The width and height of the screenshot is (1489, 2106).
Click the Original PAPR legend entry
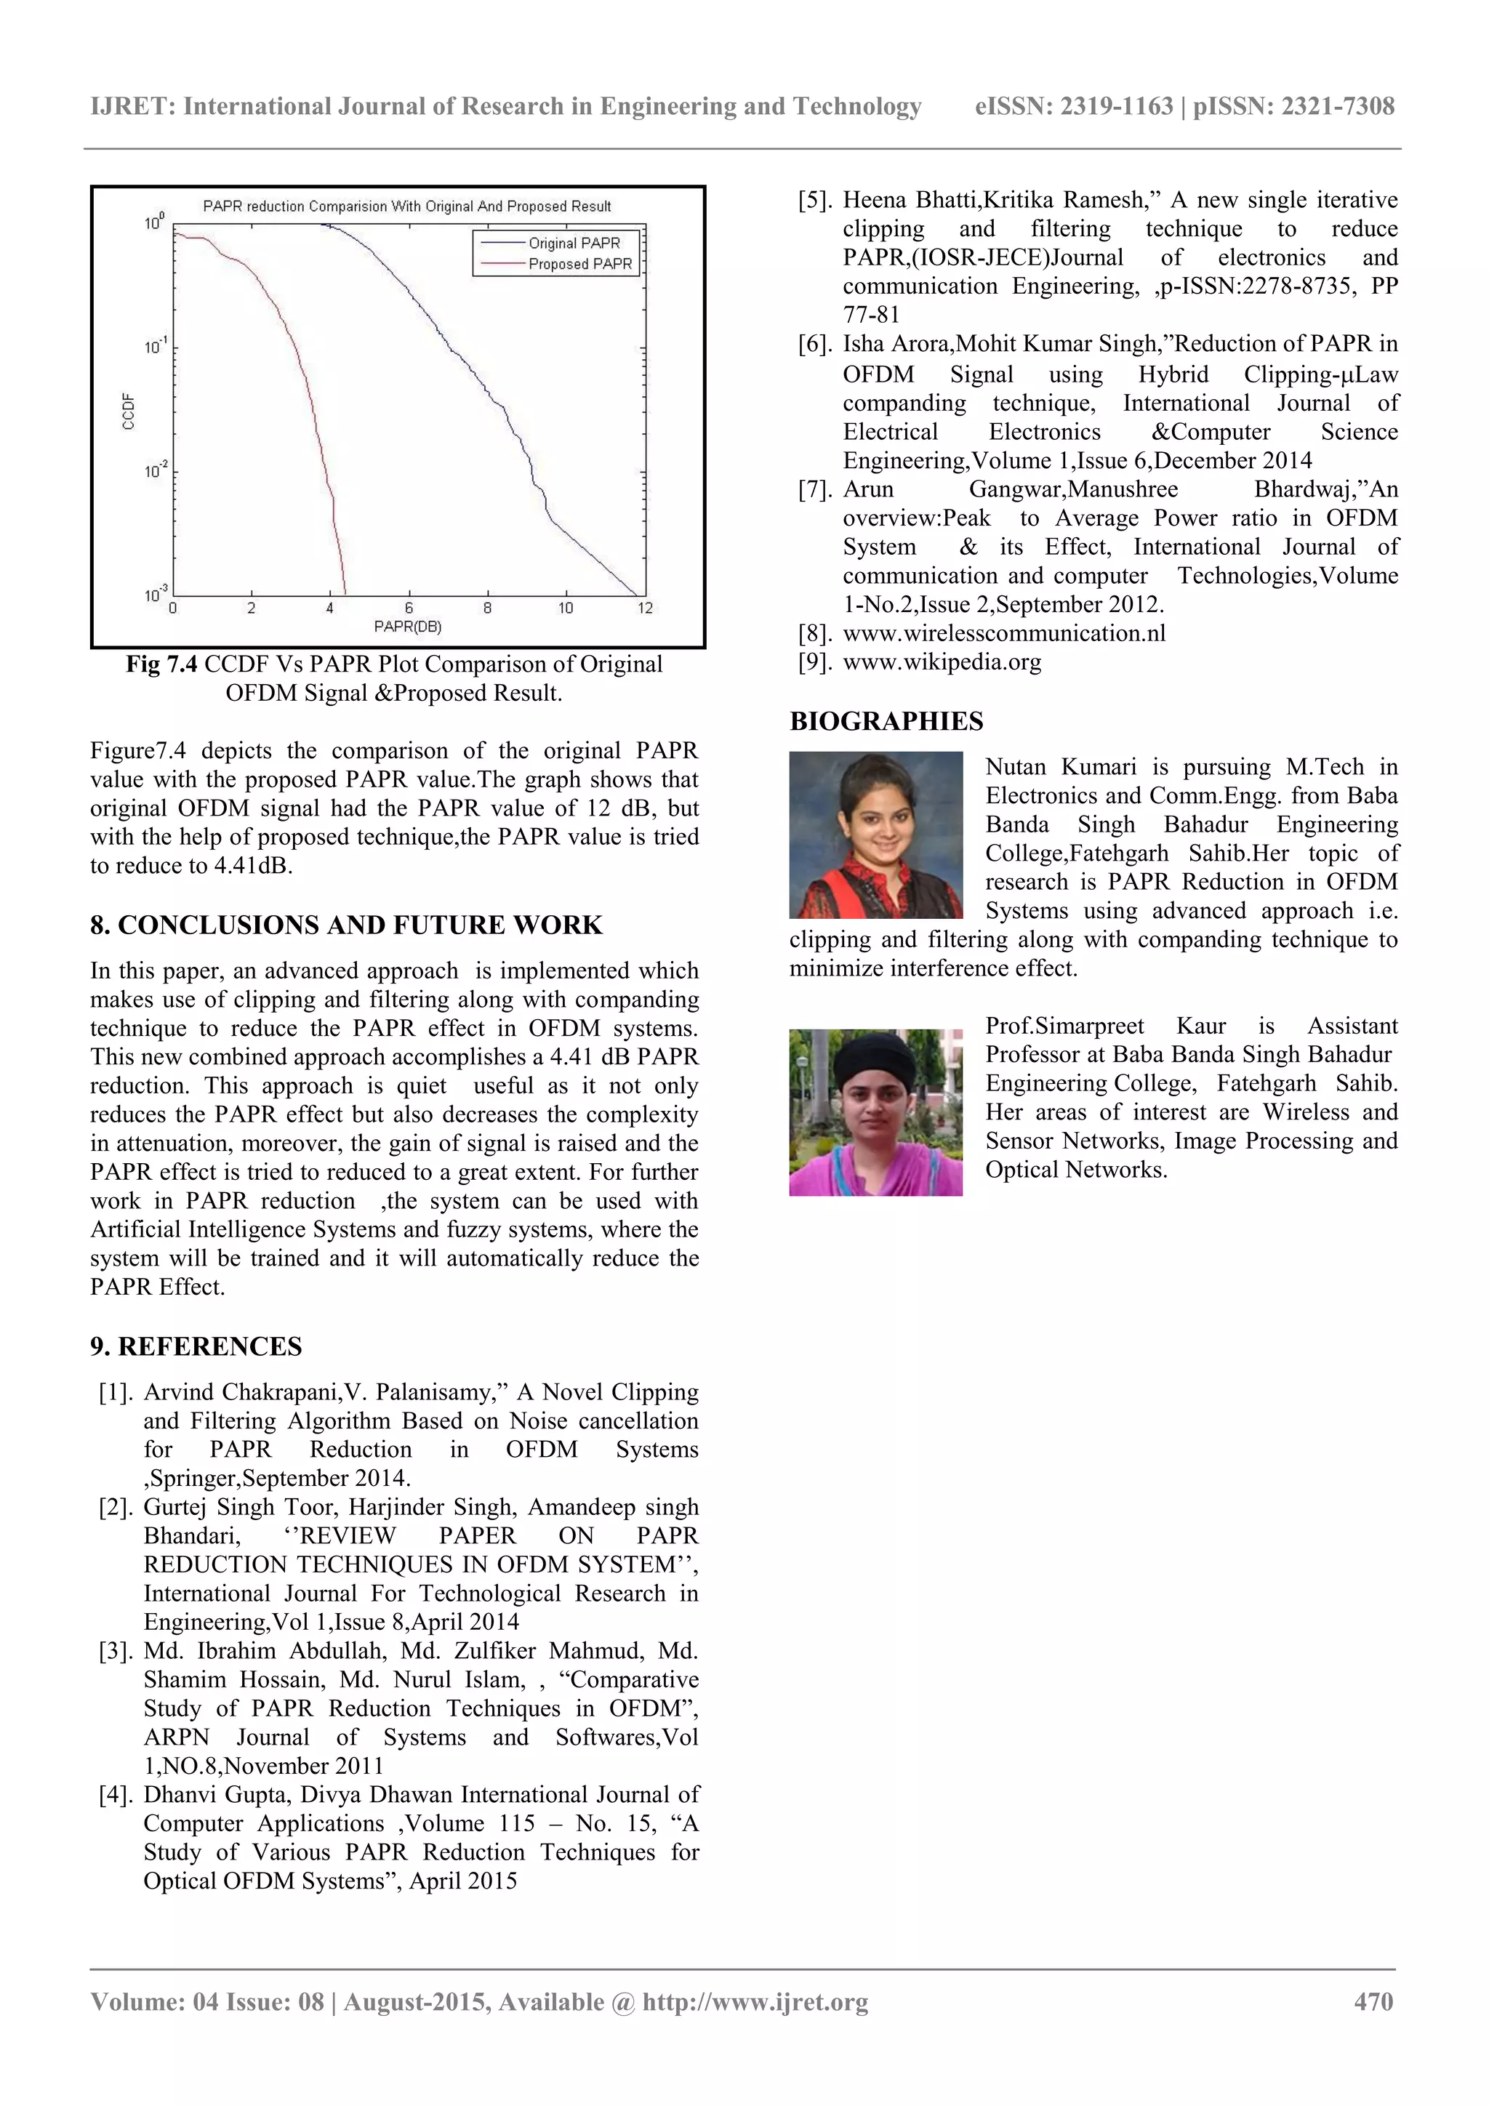pos(574,243)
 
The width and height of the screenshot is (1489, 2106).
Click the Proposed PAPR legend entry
pos(579,264)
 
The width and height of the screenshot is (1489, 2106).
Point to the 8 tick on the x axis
pos(487,608)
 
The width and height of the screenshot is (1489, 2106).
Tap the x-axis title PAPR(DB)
pos(407,627)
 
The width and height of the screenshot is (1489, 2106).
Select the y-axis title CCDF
pos(129,411)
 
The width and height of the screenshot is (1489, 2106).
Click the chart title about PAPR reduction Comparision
pos(406,206)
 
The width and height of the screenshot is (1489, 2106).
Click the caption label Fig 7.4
pos(161,664)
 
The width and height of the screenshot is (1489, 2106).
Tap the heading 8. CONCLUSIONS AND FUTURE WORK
pos(346,925)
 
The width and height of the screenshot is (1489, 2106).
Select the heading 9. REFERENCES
pos(196,1346)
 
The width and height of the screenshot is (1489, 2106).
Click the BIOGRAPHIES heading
pos(886,721)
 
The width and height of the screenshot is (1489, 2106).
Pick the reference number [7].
pos(815,490)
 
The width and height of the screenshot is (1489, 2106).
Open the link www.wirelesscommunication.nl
pos(1003,634)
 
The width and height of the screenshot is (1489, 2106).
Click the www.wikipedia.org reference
pos(942,662)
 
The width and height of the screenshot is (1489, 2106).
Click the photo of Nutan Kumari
pos(875,835)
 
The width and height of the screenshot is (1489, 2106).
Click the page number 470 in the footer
pos(1373,2001)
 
